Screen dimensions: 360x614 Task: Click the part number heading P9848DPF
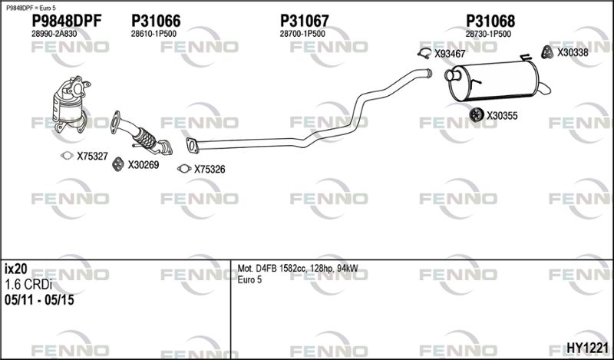click(66, 21)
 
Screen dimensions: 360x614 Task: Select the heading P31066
click(156, 21)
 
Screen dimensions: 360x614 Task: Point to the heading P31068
click(490, 21)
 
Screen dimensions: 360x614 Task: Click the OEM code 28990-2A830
click(54, 35)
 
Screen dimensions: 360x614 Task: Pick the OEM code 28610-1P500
click(153, 35)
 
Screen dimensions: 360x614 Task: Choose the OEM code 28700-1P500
click(302, 35)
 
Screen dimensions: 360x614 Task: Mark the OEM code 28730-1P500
click(489, 35)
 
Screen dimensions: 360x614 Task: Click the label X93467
click(450, 54)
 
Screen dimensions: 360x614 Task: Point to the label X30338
click(573, 52)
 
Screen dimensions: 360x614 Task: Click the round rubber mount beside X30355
click(475, 116)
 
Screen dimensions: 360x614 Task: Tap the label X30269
click(143, 164)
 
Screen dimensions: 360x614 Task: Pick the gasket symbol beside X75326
click(183, 170)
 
